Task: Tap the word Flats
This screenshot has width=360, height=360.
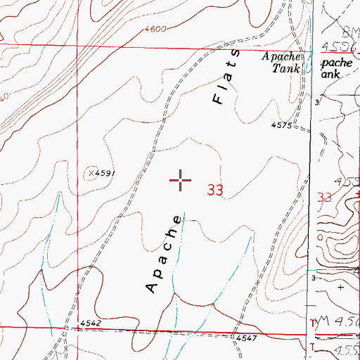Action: coord(226,77)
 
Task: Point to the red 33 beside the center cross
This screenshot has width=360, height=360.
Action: coord(215,190)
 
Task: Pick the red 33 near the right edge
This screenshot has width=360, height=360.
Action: coord(325,198)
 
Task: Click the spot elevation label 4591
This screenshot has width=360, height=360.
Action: coord(104,173)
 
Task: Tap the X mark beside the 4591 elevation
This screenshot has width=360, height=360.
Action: coord(91,173)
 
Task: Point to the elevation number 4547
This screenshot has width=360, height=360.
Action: coord(245,339)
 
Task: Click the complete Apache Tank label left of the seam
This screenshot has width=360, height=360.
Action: coord(283,62)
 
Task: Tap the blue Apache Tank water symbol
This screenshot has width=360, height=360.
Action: coord(307,69)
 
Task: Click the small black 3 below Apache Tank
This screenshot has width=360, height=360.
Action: coord(316,103)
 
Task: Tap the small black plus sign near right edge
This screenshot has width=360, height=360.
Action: coord(341,287)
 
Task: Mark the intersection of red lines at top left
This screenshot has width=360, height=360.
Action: coord(77,45)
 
